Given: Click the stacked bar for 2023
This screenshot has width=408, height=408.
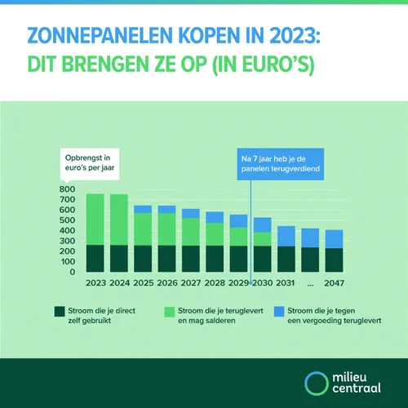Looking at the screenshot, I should [95, 233].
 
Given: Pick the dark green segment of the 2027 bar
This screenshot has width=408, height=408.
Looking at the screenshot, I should [191, 258].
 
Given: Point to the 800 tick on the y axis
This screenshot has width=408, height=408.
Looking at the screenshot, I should [69, 189].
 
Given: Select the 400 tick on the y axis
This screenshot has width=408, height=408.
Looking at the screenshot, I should [69, 231].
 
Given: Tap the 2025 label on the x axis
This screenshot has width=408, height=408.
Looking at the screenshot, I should [143, 282].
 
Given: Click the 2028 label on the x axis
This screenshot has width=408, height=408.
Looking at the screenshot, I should [215, 282].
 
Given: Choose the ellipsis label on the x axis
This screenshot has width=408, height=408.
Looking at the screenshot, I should [310, 282].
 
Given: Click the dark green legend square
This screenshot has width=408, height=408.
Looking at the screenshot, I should [58, 312].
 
